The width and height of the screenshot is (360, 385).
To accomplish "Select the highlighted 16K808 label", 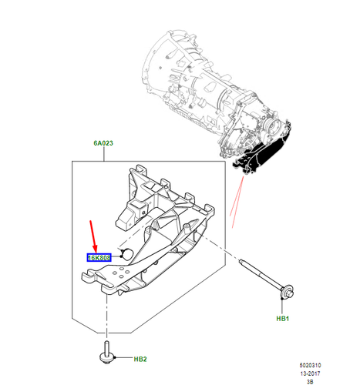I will point(99,257).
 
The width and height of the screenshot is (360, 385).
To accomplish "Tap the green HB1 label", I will point(282,317).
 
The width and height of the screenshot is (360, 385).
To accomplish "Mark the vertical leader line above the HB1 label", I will point(282,303).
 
